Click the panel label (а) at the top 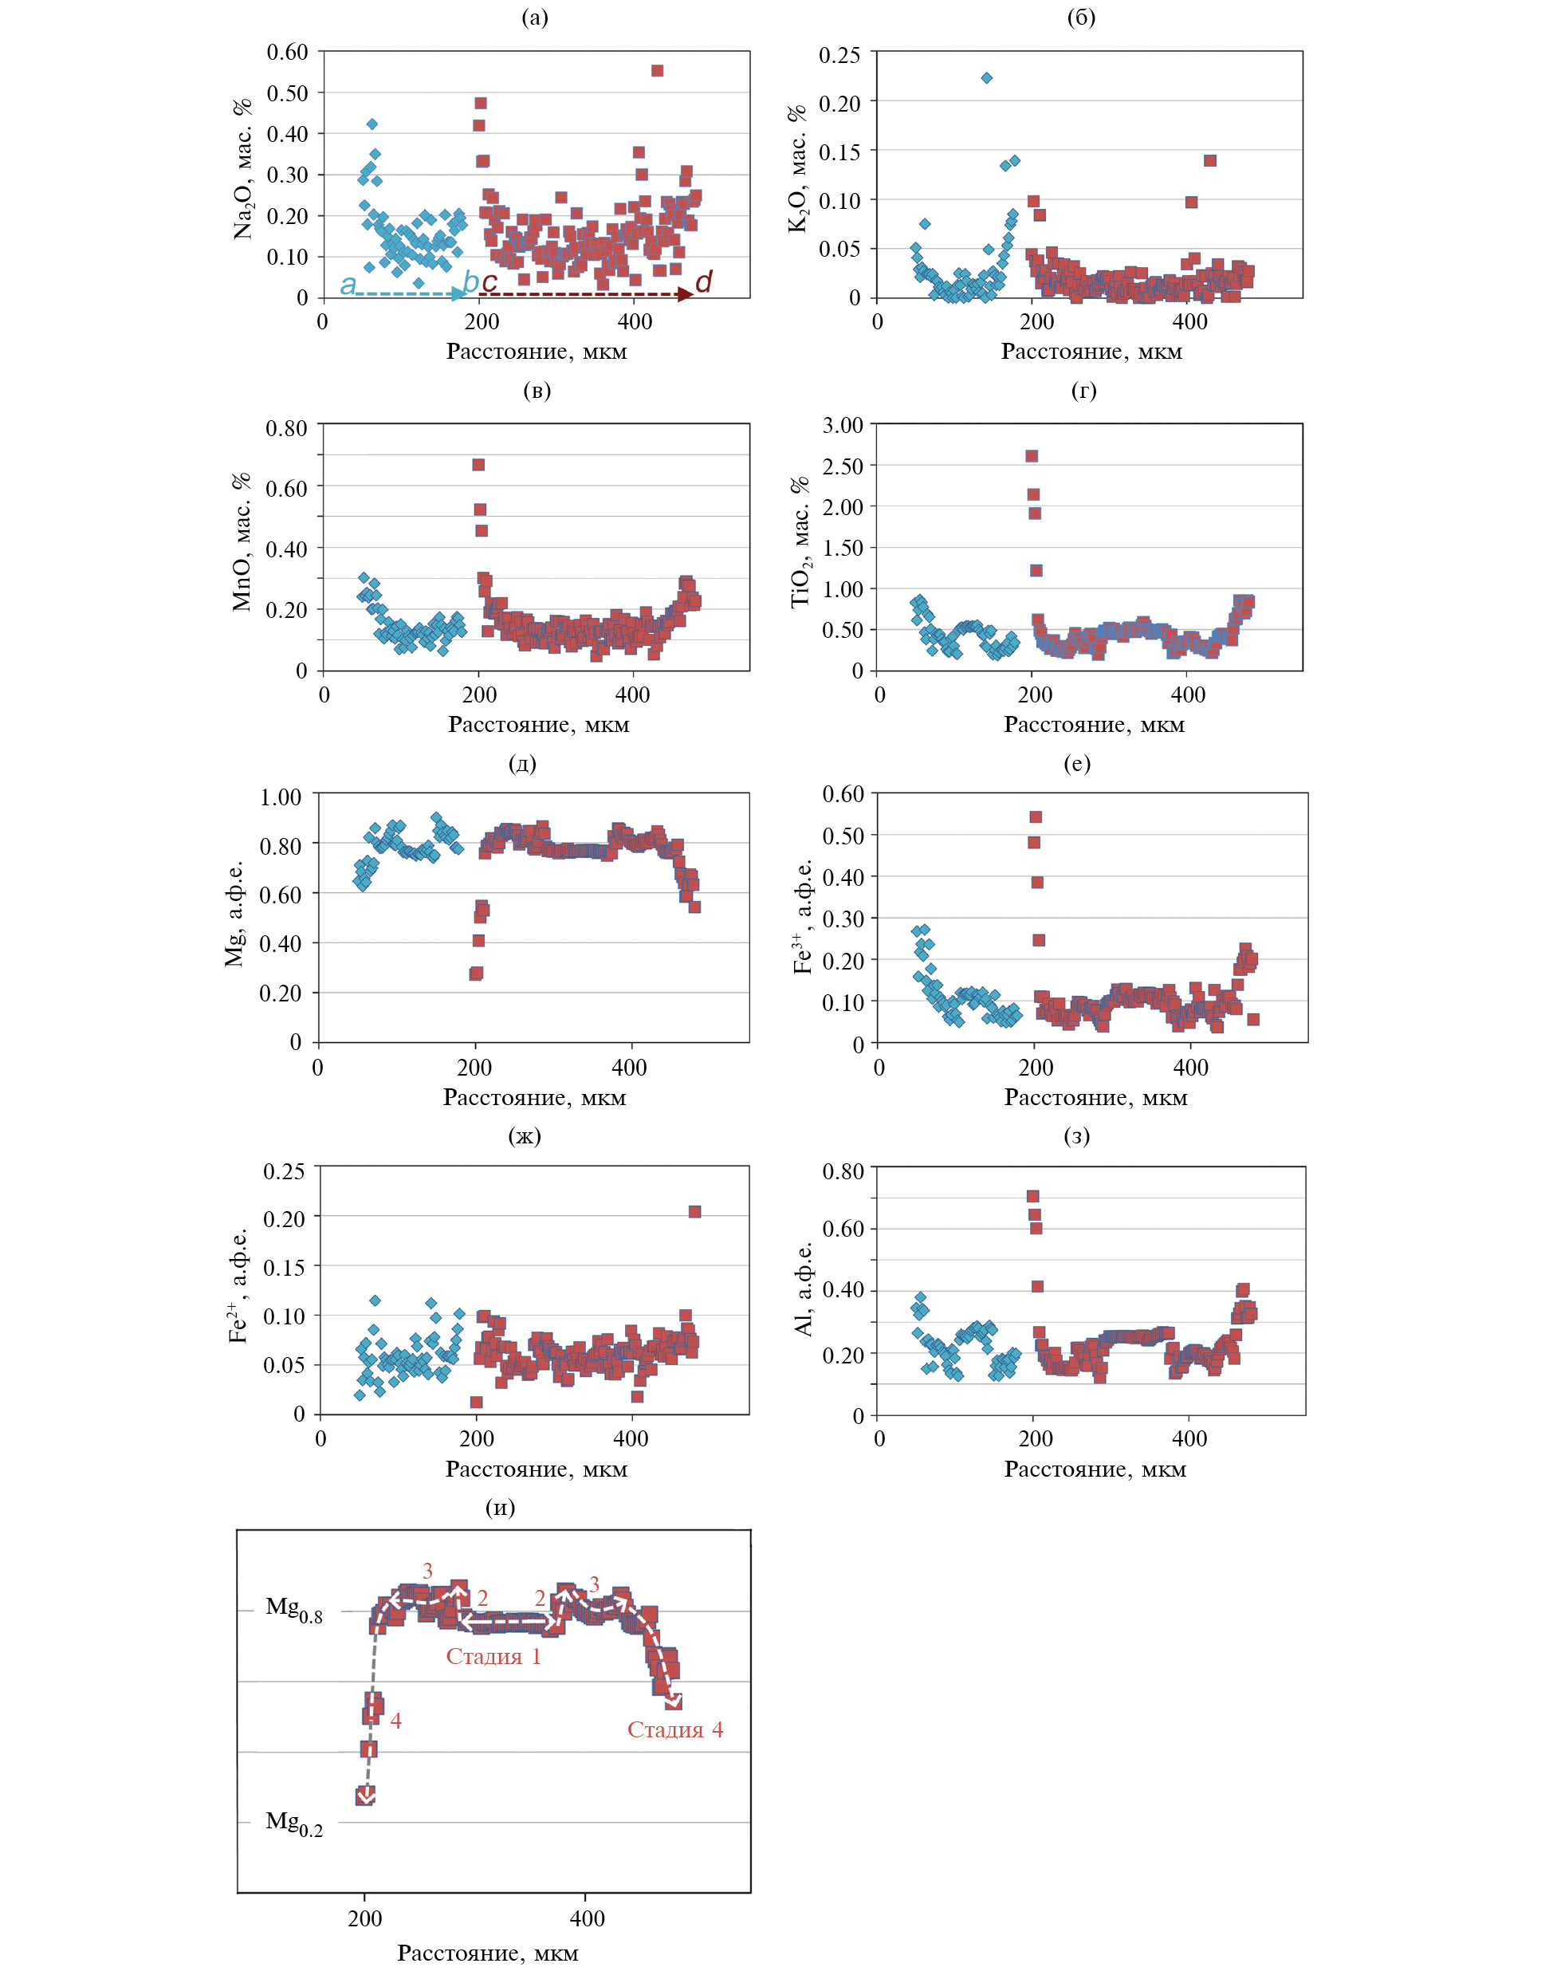tap(535, 18)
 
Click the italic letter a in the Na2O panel tap(348, 285)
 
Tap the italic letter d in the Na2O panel tap(703, 282)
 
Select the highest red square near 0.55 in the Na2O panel tap(658, 71)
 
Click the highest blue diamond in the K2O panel tap(986, 78)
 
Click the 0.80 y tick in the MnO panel tap(285, 427)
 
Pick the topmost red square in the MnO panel tap(478, 465)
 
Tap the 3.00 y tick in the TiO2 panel tap(843, 425)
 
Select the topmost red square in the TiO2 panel tap(1031, 456)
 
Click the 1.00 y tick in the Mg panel tap(280, 797)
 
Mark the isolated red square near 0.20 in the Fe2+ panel tap(694, 1211)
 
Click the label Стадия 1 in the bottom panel tap(493, 1656)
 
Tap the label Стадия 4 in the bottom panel tap(674, 1729)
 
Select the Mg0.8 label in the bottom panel tap(293, 1608)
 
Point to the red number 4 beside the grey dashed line tap(395, 1721)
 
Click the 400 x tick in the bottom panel tap(587, 1918)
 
